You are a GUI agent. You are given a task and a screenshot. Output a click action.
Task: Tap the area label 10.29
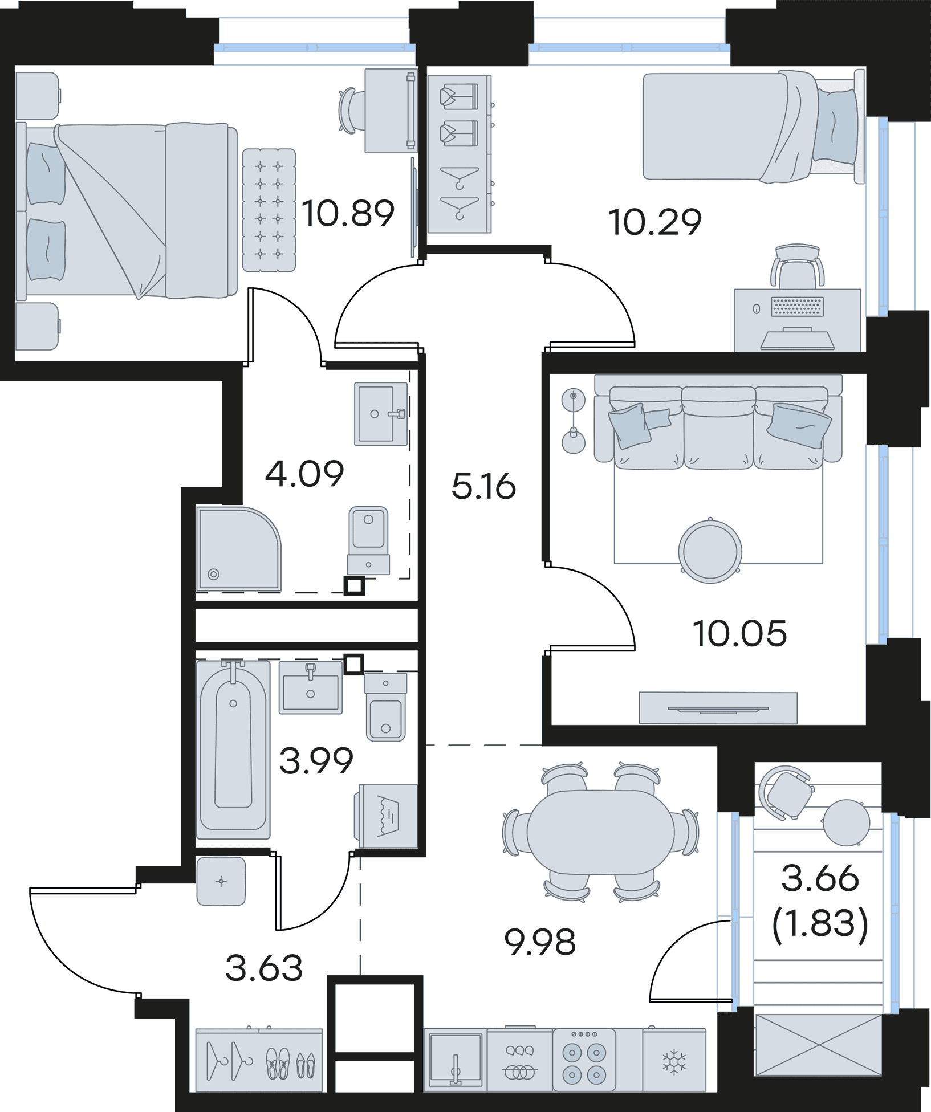654,223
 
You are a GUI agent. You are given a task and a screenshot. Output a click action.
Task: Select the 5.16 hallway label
483,488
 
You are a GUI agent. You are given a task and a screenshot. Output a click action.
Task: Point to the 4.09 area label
306,474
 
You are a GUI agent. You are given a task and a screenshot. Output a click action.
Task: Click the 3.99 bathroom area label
316,761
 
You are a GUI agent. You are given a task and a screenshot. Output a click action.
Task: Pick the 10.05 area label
739,634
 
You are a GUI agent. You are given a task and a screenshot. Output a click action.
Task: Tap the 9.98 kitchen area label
540,942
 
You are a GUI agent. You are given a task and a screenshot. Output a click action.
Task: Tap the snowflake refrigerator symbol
673,1061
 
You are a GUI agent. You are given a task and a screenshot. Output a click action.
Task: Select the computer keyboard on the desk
797,307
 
